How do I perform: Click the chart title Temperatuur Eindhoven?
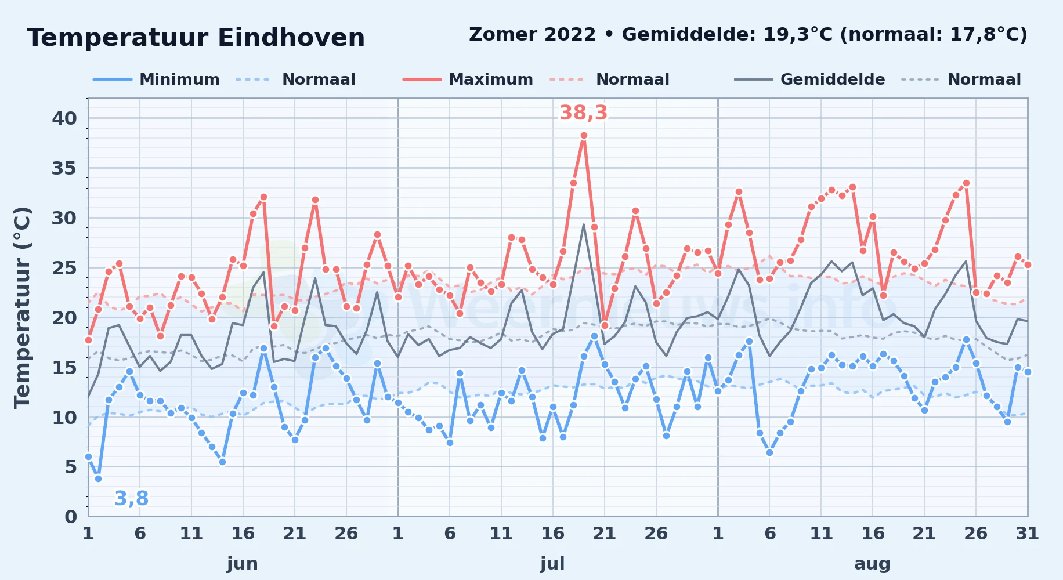[x=196, y=38]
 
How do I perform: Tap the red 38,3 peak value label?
[x=583, y=113]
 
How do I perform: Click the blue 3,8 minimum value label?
[x=131, y=498]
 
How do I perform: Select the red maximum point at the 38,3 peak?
[x=584, y=136]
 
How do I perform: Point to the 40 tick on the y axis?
[x=64, y=118]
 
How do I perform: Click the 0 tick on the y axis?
[x=71, y=516]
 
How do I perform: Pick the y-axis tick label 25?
[x=64, y=268]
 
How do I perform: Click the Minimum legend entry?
[x=156, y=79]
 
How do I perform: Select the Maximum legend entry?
[x=468, y=79]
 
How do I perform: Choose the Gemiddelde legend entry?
[x=809, y=79]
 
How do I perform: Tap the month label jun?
[x=243, y=564]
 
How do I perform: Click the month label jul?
[x=552, y=564]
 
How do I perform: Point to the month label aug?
[x=872, y=564]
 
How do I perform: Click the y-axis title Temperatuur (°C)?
[x=23, y=308]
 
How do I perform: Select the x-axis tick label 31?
[x=1027, y=534]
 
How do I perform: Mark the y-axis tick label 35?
[x=64, y=168]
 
